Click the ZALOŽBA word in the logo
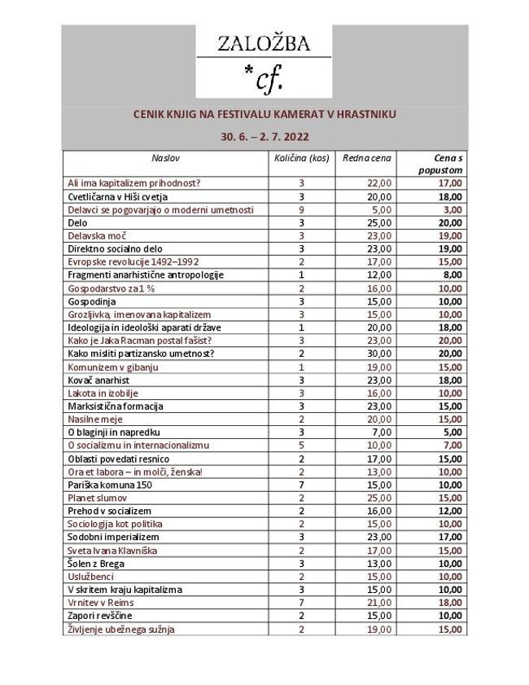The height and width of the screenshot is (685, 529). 263,45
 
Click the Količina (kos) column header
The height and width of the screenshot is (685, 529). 301,157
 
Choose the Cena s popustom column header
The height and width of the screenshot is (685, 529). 440,164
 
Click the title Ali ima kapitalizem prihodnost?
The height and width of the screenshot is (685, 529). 134,183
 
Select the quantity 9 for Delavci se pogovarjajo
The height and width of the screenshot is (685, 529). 301,209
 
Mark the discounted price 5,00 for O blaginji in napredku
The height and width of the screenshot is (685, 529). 452,431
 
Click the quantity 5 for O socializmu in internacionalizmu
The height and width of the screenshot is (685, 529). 301,445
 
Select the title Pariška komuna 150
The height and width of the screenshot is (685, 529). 110,484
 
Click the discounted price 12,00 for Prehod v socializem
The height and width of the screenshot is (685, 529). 450,510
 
